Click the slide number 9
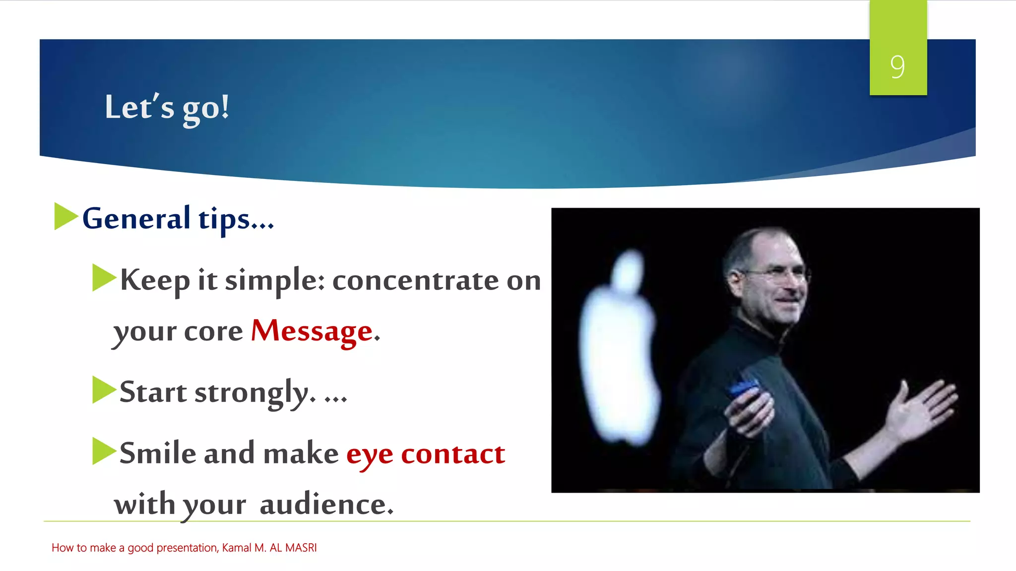tap(897, 66)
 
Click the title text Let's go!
tap(167, 107)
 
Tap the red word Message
tap(312, 331)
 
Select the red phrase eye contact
tap(425, 454)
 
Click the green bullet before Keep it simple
tap(103, 278)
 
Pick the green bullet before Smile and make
tap(103, 451)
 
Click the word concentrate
tap(415, 281)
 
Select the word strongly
tap(254, 393)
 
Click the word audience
tap(326, 505)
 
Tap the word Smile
tap(158, 454)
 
